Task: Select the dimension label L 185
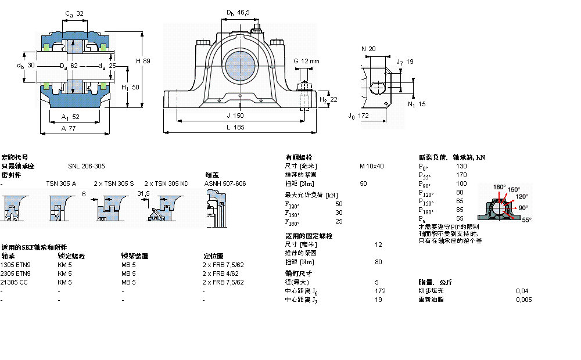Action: [x=235, y=127]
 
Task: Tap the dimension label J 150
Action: [x=235, y=116]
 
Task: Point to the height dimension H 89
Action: [x=143, y=60]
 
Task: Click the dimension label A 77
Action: [x=69, y=128]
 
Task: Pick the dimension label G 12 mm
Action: [x=306, y=61]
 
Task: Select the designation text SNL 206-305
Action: [x=87, y=166]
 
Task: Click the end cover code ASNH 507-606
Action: [x=225, y=183]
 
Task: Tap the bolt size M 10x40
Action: [x=372, y=166]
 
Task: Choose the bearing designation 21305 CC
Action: [x=15, y=282]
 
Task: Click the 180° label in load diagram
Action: [x=499, y=187]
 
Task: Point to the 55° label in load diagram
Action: [x=526, y=220]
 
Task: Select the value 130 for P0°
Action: [x=461, y=166]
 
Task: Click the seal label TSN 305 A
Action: [x=61, y=183]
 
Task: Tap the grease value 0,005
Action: [x=523, y=300]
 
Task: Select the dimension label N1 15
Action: [x=417, y=105]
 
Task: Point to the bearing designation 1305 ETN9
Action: [x=16, y=265]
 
